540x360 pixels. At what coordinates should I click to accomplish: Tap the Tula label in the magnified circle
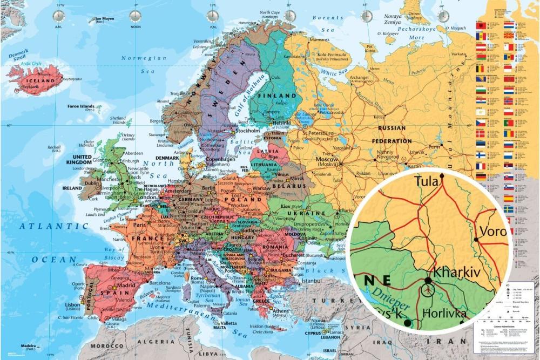427,182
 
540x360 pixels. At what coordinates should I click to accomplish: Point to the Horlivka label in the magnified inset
449,313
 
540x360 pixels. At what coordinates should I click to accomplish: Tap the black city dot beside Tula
442,175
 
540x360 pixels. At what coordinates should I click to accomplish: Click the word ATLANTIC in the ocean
46,226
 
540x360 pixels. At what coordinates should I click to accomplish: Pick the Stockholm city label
248,131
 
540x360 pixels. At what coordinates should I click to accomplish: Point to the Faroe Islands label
81,106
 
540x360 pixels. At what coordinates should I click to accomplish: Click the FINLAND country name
275,96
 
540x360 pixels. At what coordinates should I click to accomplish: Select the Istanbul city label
312,281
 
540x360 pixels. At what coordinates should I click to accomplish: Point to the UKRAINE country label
309,213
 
